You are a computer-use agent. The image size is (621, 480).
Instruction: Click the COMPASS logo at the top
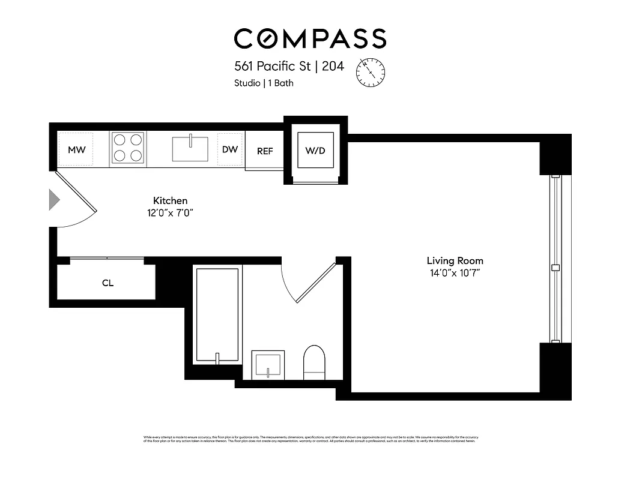click(x=310, y=38)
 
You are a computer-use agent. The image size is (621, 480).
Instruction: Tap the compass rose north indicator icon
click(x=371, y=71)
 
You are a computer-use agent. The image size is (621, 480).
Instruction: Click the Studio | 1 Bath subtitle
click(x=264, y=83)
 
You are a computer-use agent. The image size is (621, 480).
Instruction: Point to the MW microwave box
click(x=76, y=149)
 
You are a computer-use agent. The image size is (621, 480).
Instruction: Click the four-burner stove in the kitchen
click(x=127, y=148)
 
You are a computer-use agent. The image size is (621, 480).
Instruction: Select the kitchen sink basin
click(x=190, y=149)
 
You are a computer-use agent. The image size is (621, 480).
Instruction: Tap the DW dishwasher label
click(x=230, y=149)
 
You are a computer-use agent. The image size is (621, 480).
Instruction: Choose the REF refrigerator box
click(x=265, y=151)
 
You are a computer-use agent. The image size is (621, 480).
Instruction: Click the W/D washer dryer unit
click(x=315, y=150)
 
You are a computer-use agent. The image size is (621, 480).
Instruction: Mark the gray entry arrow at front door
click(x=54, y=199)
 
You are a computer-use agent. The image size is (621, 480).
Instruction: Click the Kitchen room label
click(x=171, y=200)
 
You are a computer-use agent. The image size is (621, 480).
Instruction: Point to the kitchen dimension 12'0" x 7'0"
click(x=171, y=212)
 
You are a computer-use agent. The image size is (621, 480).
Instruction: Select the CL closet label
click(x=108, y=283)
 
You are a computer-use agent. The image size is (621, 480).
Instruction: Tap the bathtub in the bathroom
click(x=217, y=315)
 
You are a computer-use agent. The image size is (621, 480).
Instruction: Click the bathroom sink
click(x=267, y=364)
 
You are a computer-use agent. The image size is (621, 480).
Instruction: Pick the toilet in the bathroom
click(x=314, y=362)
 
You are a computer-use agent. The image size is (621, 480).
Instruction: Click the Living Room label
click(x=455, y=260)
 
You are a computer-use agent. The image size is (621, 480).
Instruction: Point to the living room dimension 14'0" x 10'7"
click(x=455, y=273)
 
